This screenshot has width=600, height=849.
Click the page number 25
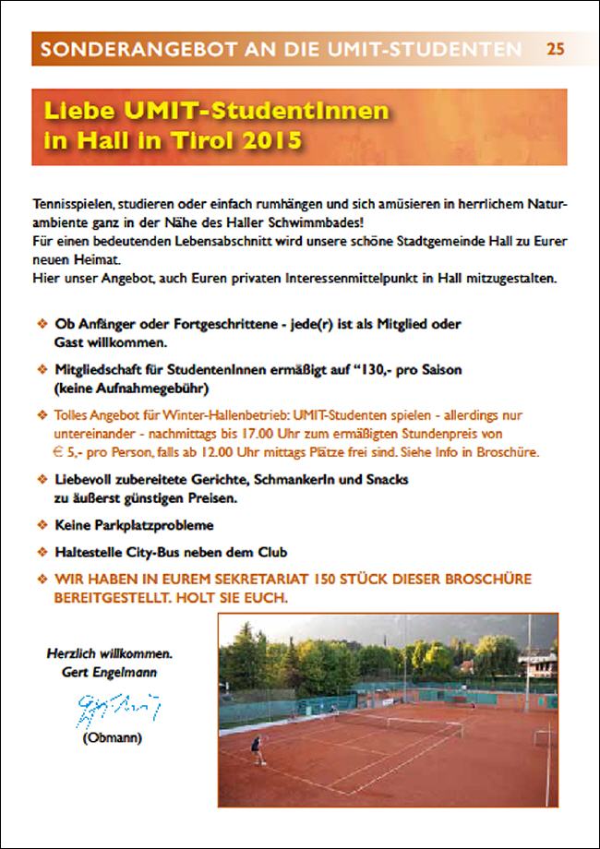pyautogui.click(x=555, y=49)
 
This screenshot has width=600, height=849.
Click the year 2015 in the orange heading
pyautogui.click(x=272, y=142)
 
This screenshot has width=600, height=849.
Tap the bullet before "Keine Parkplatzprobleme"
pyautogui.click(x=41, y=525)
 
